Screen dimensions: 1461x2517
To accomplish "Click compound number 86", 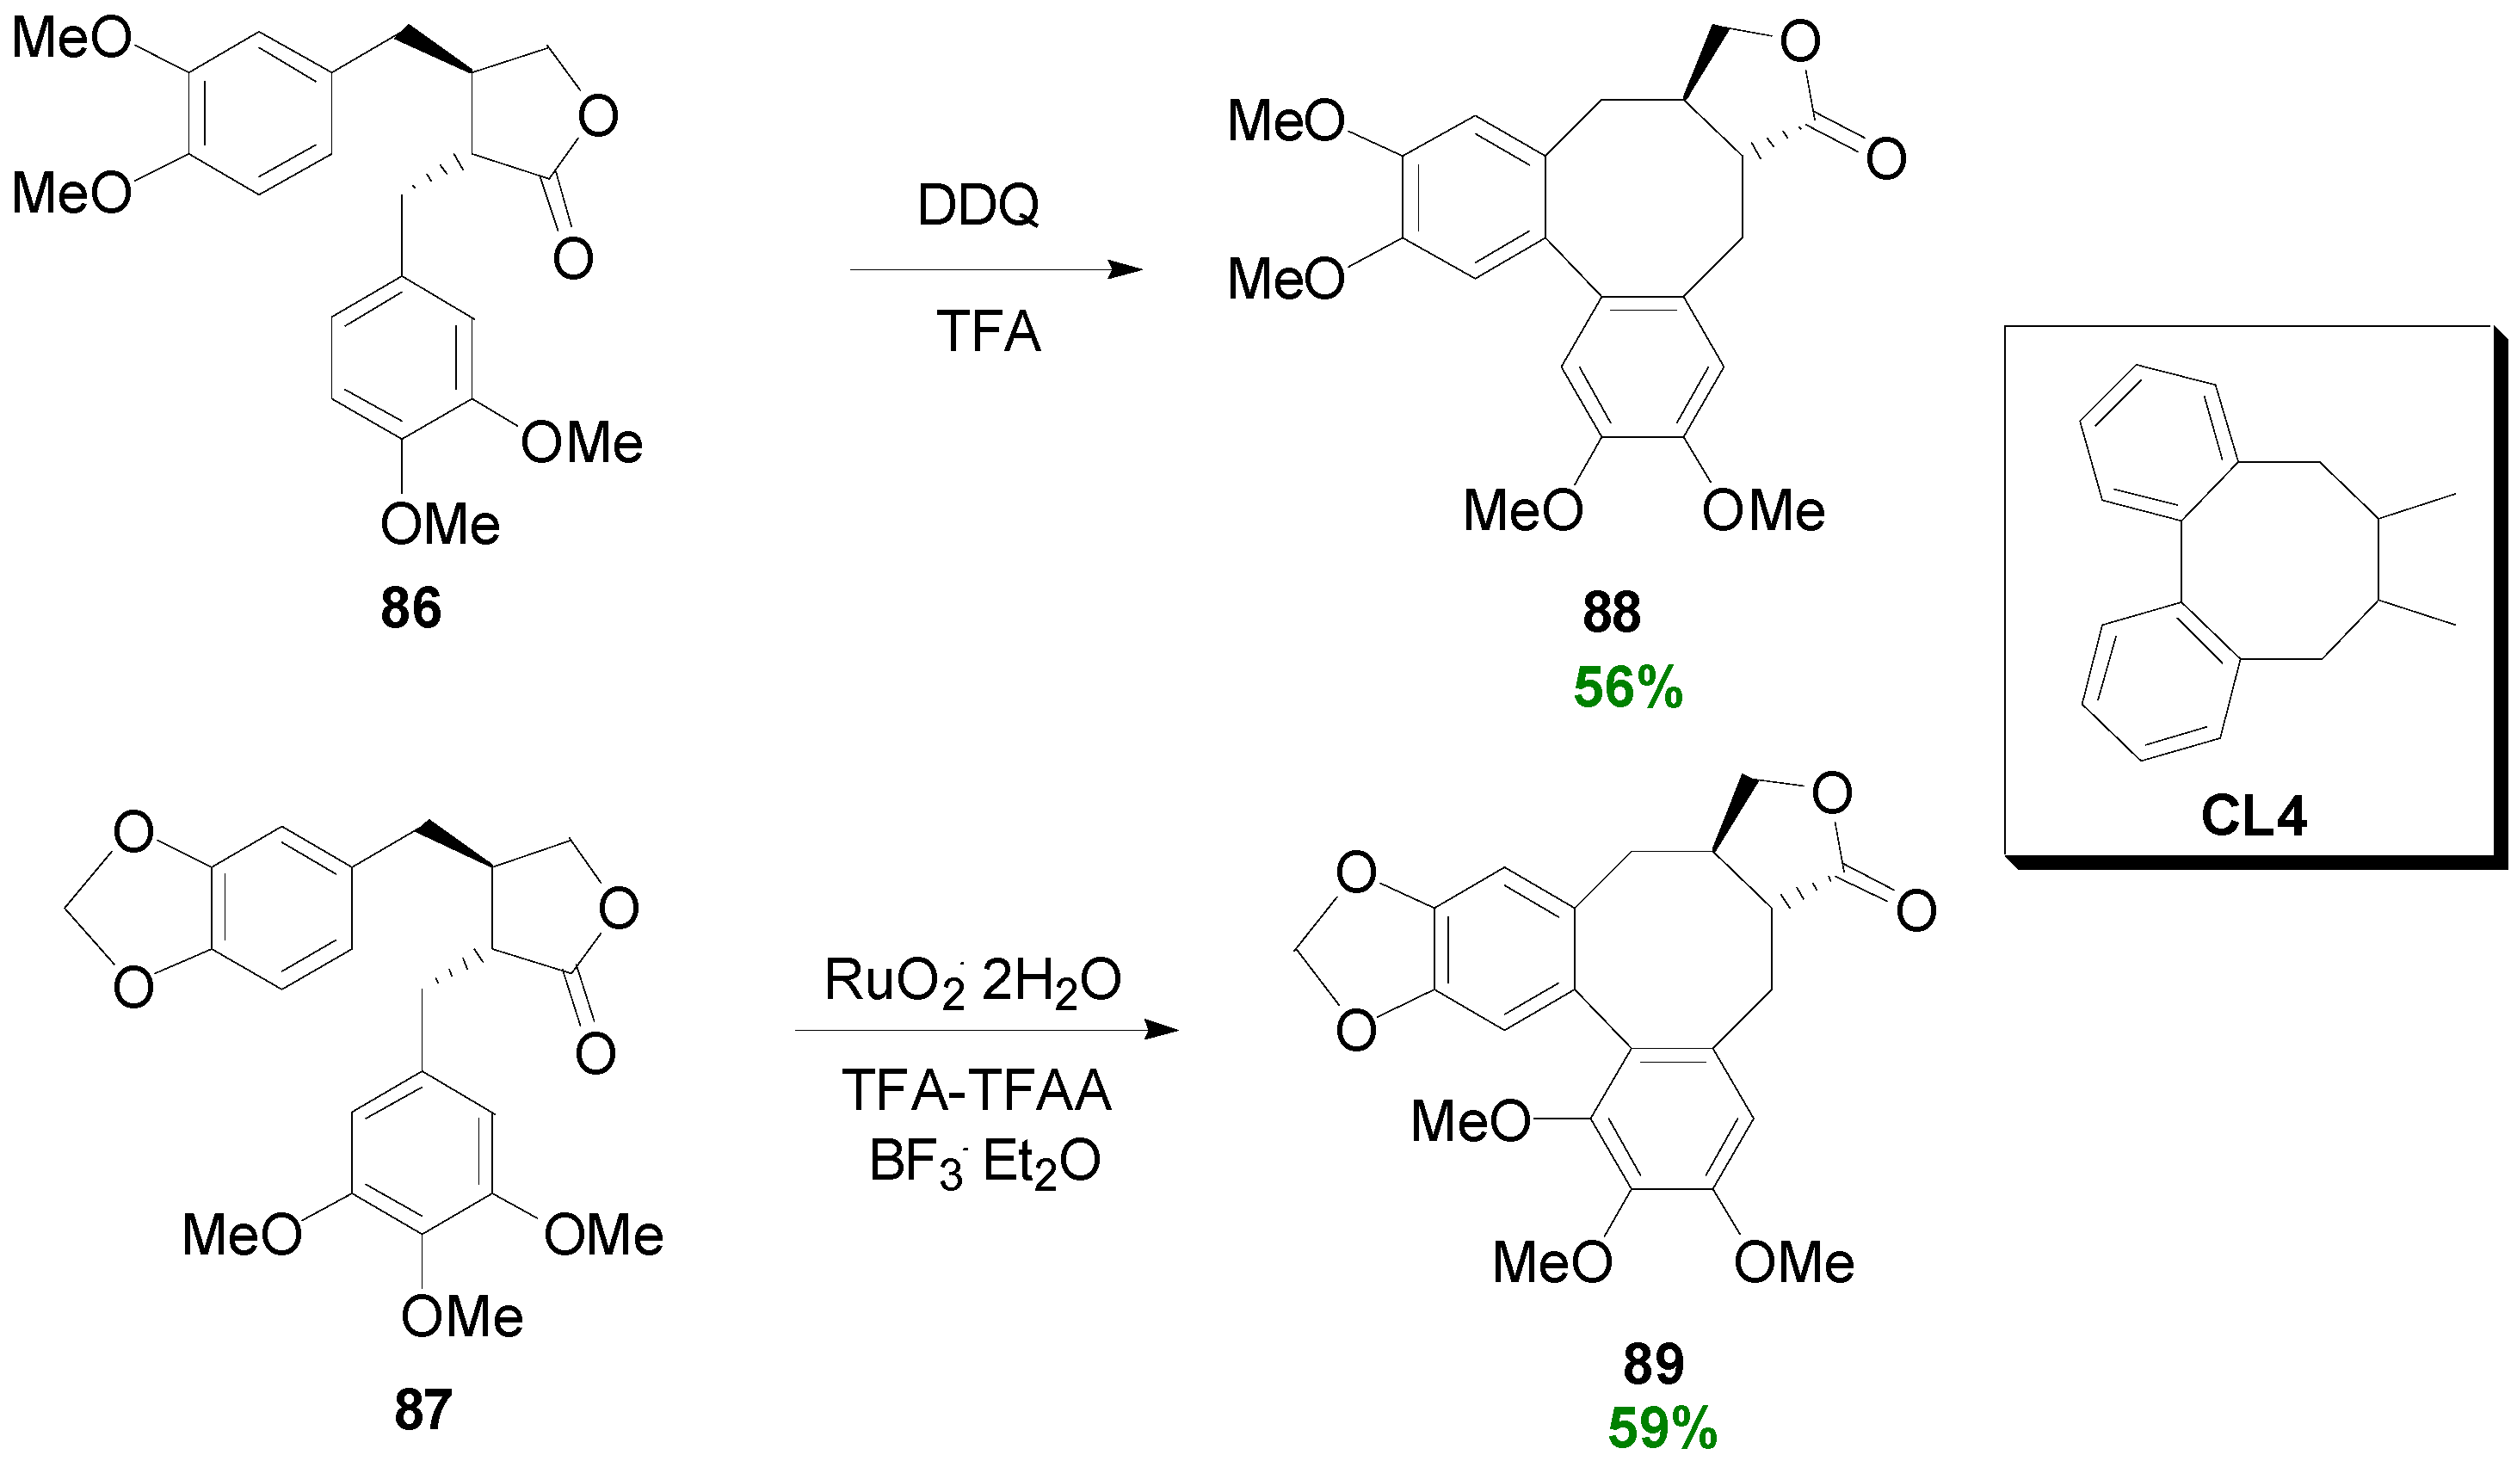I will (x=410, y=608).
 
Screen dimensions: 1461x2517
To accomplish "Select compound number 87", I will (x=423, y=1409).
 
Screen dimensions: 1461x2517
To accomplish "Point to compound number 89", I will (x=1653, y=1363).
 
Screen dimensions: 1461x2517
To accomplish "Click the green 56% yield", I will (x=1628, y=688).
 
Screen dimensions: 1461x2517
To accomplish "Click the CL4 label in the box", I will (x=2254, y=817).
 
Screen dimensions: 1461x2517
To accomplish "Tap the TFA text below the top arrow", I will (x=988, y=331).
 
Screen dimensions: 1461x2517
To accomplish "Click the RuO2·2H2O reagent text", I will (x=972, y=981).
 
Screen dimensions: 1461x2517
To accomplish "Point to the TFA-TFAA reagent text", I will (x=976, y=1089).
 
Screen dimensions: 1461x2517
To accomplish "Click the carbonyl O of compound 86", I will (x=573, y=259).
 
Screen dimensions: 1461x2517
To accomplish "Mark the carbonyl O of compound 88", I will (x=1885, y=159).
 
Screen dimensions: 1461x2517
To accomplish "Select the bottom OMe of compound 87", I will (x=461, y=1317).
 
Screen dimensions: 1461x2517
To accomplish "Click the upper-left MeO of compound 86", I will (x=71, y=39).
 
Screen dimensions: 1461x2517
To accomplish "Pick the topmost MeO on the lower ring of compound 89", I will (x=1471, y=1121).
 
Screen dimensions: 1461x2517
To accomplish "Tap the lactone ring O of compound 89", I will (x=1832, y=794).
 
